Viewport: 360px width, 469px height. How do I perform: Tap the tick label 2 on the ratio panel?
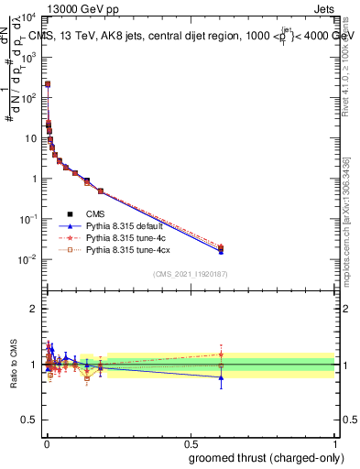[34, 309]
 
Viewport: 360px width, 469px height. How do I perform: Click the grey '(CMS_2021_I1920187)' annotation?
[190, 274]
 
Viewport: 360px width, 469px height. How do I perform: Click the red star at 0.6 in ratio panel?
[220, 354]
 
